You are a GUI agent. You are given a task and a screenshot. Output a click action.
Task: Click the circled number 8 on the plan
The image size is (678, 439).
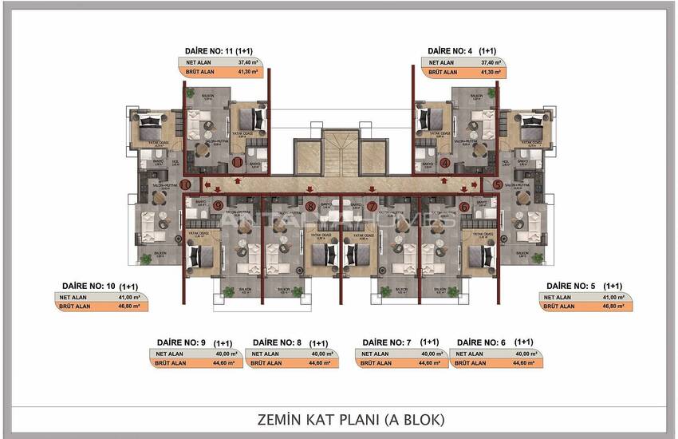point(310,206)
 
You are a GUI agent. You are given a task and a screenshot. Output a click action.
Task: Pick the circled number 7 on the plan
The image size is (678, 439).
point(372,206)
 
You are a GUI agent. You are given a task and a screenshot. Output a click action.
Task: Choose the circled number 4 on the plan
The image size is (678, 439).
point(445,162)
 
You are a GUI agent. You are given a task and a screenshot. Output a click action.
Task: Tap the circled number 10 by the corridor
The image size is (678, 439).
point(185,184)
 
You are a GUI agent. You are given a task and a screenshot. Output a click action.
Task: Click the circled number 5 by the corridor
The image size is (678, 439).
point(497,184)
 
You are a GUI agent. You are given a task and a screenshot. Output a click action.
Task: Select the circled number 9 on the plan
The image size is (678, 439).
point(218,206)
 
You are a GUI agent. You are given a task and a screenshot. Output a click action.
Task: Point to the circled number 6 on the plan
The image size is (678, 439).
point(464,206)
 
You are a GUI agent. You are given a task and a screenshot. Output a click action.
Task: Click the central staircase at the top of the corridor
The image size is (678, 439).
point(341,151)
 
